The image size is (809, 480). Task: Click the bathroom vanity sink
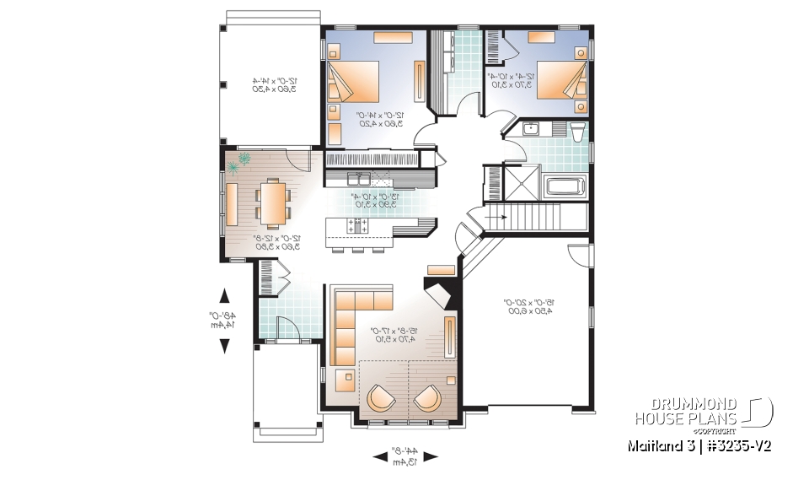pyautogui.click(x=531, y=129)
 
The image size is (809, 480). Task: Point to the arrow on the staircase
pyautogui.click(x=499, y=218)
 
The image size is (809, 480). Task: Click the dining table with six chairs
pyautogui.click(x=271, y=202)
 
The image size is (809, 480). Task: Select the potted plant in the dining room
pyautogui.click(x=243, y=159)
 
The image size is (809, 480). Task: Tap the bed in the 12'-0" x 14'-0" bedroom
pyautogui.click(x=353, y=84)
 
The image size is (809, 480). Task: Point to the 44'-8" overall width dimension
pyautogui.click(x=405, y=456)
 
